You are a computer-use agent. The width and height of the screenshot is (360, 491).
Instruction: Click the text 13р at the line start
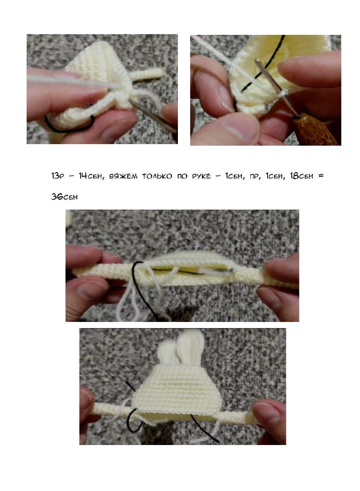(x=58, y=176)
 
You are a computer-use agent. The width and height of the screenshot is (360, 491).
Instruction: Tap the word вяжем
(x=123, y=176)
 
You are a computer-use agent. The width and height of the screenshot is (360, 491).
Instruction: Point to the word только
(x=157, y=176)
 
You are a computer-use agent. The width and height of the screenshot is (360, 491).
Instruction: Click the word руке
(x=201, y=176)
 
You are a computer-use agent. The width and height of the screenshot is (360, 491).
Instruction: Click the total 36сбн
(x=64, y=196)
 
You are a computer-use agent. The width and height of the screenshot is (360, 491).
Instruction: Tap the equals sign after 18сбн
(x=321, y=176)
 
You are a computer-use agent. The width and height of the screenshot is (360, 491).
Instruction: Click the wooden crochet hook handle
(x=315, y=131)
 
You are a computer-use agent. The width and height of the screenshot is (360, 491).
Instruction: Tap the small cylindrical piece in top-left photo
(x=147, y=74)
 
